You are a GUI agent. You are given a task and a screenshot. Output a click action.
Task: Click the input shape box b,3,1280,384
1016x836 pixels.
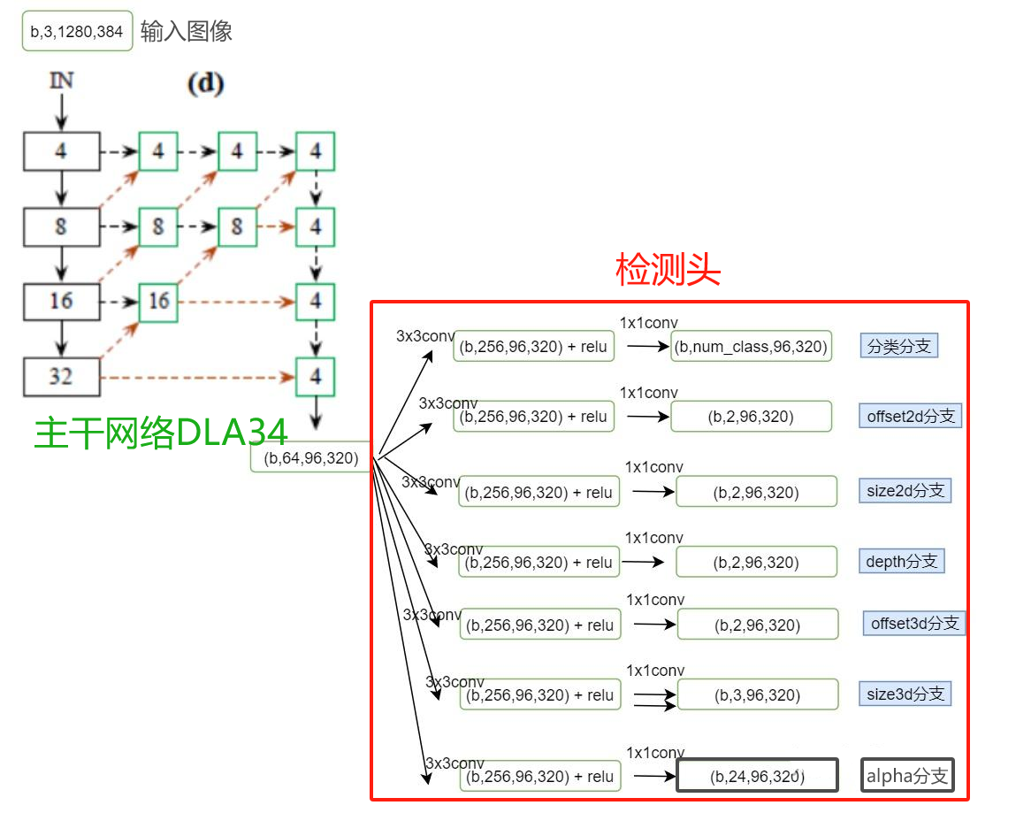pyautogui.click(x=77, y=31)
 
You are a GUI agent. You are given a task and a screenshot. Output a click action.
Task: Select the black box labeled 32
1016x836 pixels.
pyautogui.click(x=60, y=377)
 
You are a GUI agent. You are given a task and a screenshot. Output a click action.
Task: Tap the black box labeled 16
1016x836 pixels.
pyautogui.click(x=60, y=302)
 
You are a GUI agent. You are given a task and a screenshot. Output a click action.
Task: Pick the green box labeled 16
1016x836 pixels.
pyautogui.click(x=158, y=302)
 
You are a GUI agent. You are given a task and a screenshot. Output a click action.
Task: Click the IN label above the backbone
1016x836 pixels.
pyautogui.click(x=61, y=81)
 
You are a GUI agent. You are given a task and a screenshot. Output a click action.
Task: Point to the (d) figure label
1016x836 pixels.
pyautogui.click(x=205, y=84)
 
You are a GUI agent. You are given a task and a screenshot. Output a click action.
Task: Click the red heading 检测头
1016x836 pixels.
pyautogui.click(x=668, y=269)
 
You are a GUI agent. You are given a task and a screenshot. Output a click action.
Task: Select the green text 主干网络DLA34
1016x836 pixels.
pyautogui.click(x=161, y=433)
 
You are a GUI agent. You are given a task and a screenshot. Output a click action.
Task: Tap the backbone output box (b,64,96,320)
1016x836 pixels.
pyautogui.click(x=310, y=457)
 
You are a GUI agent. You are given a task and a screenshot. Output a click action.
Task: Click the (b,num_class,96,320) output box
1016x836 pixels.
pyautogui.click(x=751, y=347)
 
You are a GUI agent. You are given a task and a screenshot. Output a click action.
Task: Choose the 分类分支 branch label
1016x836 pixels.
pyautogui.click(x=898, y=346)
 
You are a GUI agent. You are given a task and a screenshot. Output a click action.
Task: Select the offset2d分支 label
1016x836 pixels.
pyautogui.click(x=910, y=416)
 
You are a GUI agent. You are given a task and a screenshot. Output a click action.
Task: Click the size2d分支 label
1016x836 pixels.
pyautogui.click(x=905, y=490)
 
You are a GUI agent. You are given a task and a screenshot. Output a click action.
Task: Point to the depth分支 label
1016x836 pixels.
pyautogui.click(x=901, y=561)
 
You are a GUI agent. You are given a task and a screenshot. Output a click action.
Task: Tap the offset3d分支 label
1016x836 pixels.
pyautogui.click(x=914, y=623)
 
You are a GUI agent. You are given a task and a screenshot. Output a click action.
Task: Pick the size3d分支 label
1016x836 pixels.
pyautogui.click(x=905, y=694)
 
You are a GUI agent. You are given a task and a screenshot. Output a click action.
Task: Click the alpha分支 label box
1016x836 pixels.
pyautogui.click(x=907, y=776)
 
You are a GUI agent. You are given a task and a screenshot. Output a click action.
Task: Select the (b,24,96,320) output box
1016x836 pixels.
pyautogui.click(x=756, y=776)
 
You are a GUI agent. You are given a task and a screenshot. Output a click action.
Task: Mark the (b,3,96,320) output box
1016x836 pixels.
pyautogui.click(x=757, y=695)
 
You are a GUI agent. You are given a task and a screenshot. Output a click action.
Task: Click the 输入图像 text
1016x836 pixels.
pyautogui.click(x=187, y=31)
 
